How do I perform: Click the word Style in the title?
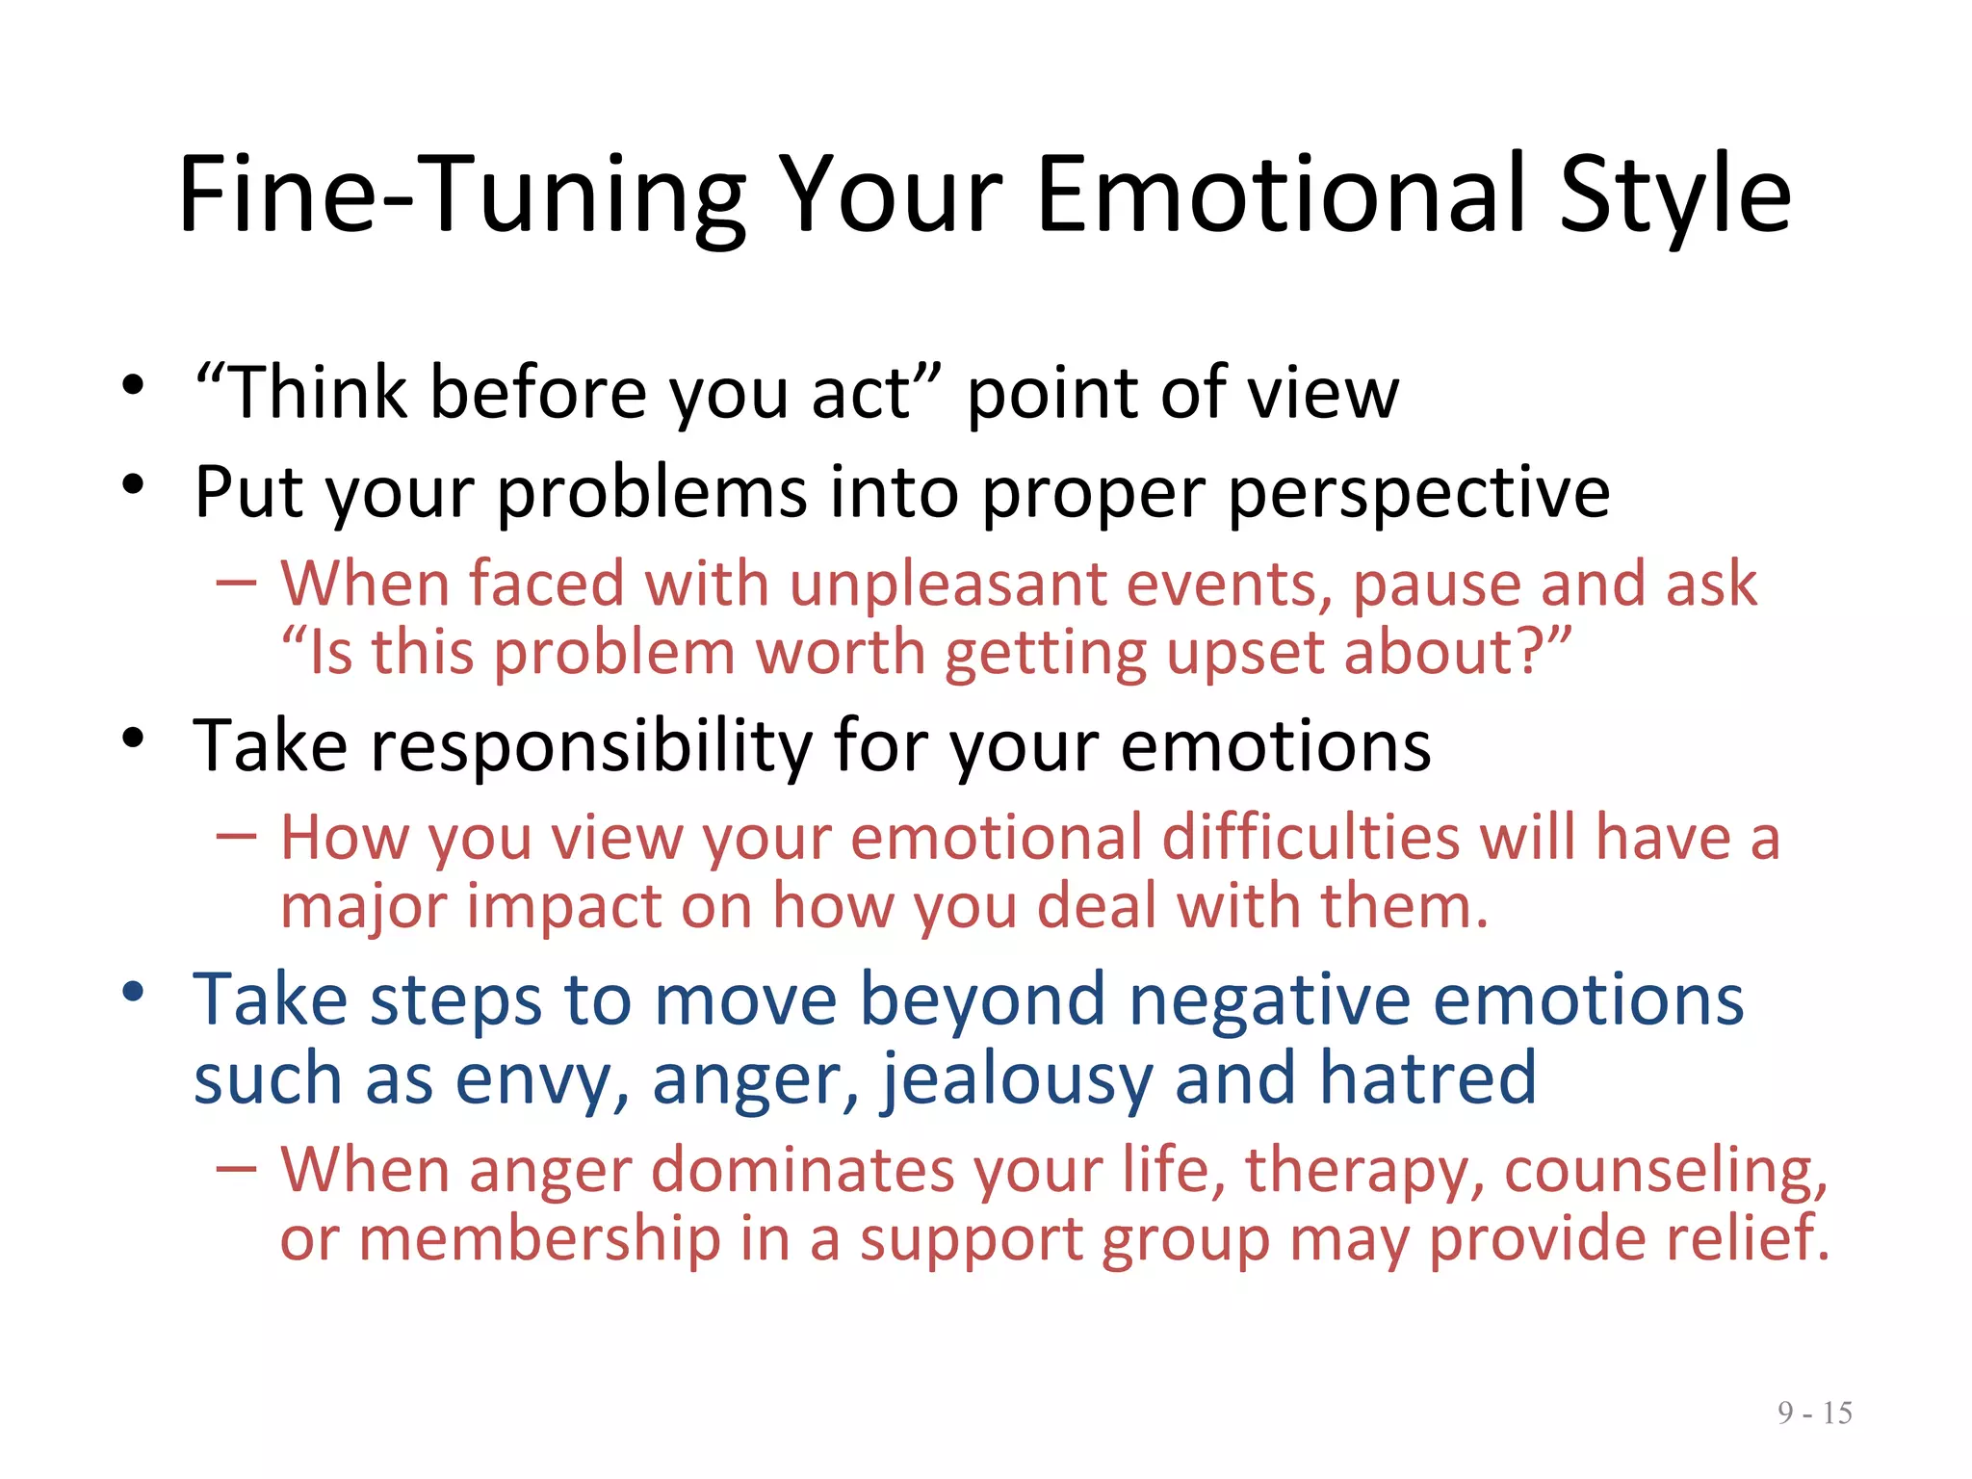coord(1675,197)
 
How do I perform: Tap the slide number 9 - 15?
coord(1814,1413)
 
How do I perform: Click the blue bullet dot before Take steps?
coord(133,991)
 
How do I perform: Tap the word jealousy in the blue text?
coord(1015,1079)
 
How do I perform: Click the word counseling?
coord(1665,1171)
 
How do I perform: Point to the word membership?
coord(539,1238)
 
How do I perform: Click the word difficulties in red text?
coord(1310,837)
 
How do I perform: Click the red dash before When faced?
coord(236,584)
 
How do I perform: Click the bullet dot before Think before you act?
coord(133,386)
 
